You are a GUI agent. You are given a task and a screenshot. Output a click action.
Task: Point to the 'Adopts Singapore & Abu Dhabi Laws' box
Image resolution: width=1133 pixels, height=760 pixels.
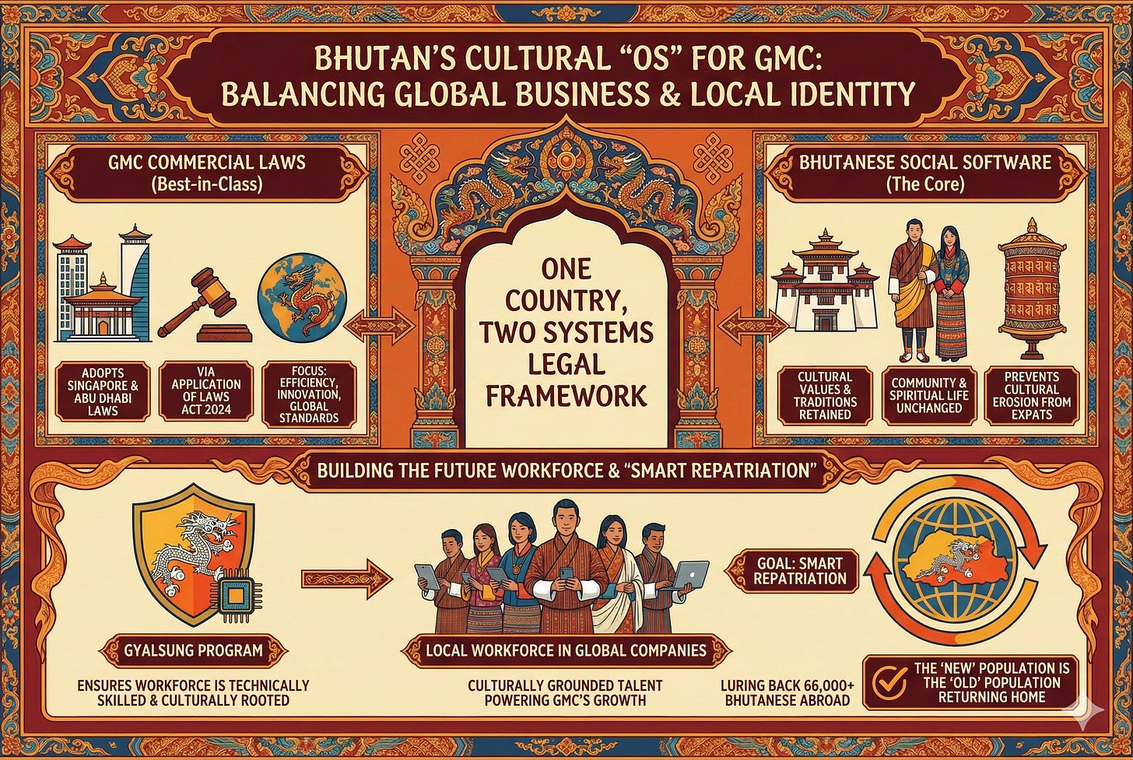point(102,391)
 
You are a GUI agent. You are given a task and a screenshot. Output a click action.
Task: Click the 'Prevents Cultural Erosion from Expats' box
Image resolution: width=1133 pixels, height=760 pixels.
point(1032,396)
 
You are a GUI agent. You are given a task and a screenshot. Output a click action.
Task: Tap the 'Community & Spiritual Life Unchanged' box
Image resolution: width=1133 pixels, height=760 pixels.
point(928,396)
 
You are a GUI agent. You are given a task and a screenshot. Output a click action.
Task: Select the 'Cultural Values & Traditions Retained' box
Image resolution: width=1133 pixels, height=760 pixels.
point(825,396)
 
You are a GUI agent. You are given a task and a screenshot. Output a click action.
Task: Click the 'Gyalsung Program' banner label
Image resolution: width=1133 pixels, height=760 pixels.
point(193,650)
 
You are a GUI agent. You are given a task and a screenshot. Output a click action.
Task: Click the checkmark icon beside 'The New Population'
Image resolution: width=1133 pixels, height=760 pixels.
point(887,682)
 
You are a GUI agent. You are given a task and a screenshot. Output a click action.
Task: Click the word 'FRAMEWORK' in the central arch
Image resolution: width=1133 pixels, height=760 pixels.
point(566,394)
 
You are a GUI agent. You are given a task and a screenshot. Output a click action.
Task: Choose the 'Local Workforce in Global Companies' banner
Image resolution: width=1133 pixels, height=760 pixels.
point(566,650)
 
